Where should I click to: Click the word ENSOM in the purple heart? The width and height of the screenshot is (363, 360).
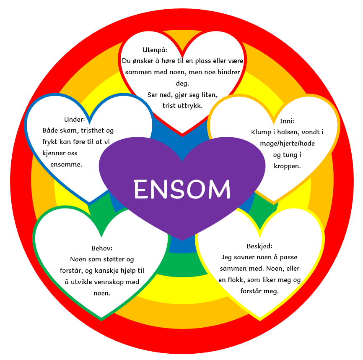(182, 189)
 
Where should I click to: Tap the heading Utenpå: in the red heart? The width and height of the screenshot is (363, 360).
(155, 50)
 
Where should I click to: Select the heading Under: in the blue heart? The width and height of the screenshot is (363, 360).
(74, 119)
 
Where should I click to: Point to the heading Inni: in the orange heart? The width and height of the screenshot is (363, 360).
(287, 121)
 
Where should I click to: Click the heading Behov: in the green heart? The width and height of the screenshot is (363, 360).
(102, 248)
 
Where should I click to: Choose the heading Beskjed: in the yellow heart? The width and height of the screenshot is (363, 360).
(259, 246)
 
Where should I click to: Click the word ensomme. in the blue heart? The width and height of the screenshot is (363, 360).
(66, 164)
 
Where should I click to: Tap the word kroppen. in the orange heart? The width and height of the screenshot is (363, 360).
(287, 166)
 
